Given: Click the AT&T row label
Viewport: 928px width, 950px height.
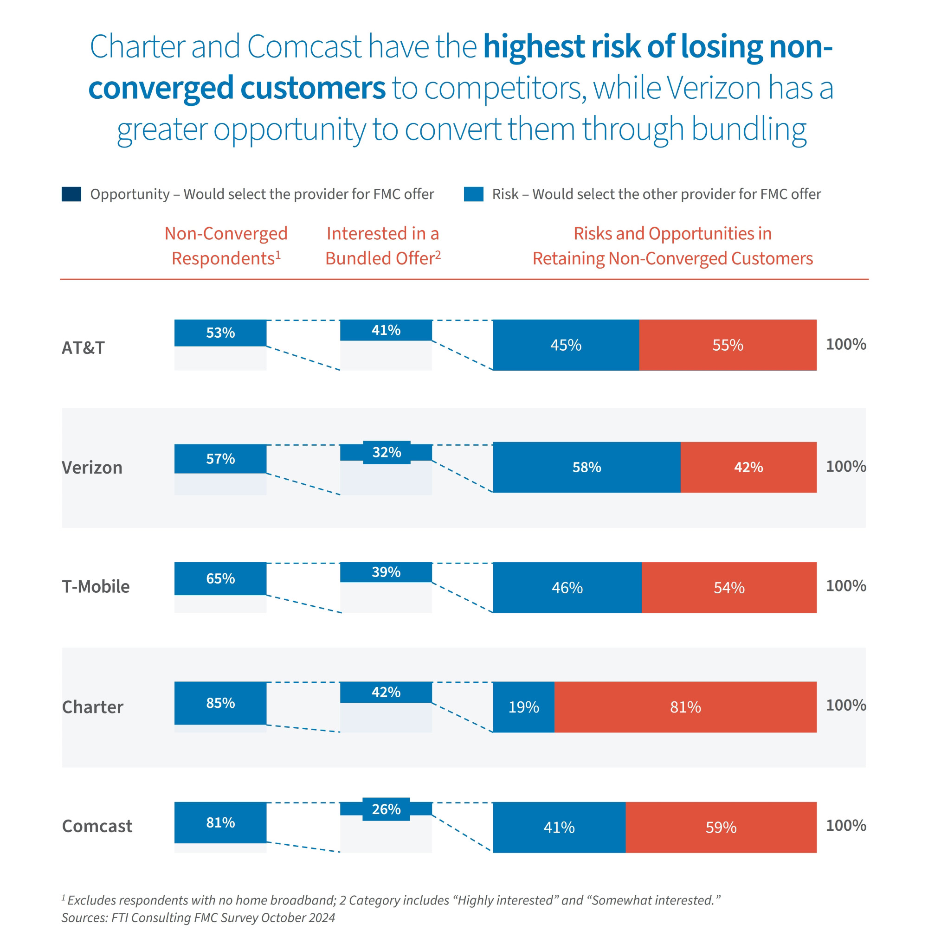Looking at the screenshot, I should coord(83,348).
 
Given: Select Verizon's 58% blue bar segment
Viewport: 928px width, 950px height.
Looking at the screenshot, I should coord(586,467).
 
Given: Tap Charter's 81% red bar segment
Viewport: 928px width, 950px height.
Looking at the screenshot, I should coord(685,707).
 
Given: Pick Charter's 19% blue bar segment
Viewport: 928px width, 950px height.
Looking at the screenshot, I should coord(523,707).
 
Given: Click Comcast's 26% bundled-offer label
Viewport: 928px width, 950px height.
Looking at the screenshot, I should coord(386,809).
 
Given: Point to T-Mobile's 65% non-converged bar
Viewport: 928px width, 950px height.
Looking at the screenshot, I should coord(220,578).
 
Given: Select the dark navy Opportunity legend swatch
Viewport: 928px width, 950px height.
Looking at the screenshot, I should coord(71,194).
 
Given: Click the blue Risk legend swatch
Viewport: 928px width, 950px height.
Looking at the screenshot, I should coord(473,194).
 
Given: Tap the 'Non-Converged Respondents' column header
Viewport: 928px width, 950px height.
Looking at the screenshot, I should coord(226,246).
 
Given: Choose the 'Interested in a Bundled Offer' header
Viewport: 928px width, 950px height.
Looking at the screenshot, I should coord(383,246).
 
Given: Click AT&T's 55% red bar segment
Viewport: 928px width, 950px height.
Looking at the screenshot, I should coord(727,345).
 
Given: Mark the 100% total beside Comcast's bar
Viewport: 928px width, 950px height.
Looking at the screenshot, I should coord(845,825).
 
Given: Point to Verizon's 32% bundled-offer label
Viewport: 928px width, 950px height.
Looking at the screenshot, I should coord(387,452).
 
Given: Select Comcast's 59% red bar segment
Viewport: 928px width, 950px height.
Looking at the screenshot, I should coord(721,827).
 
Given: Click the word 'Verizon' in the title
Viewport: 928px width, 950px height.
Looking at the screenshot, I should coord(714,88).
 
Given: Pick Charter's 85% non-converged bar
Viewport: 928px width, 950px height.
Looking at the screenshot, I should coord(220,703).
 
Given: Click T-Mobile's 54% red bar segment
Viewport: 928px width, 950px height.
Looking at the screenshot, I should coord(728,588).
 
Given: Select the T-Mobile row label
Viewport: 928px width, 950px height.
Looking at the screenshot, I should coord(96,587).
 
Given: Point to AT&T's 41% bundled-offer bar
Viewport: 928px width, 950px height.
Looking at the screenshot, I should coord(386,330).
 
